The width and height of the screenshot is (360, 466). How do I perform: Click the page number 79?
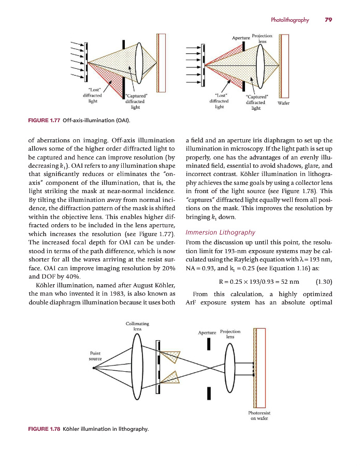tap(328, 20)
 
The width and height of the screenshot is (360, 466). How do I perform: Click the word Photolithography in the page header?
tap(290, 20)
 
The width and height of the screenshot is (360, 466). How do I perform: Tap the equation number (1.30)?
tap(323, 282)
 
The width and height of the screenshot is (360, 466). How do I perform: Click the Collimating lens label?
tap(134, 326)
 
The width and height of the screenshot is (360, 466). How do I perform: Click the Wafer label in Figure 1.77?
tap(283, 103)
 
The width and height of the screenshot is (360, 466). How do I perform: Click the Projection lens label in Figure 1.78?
tap(230, 334)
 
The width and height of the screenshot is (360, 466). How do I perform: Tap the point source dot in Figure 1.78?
tap(94, 368)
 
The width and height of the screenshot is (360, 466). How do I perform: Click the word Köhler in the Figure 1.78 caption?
tap(72, 429)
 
